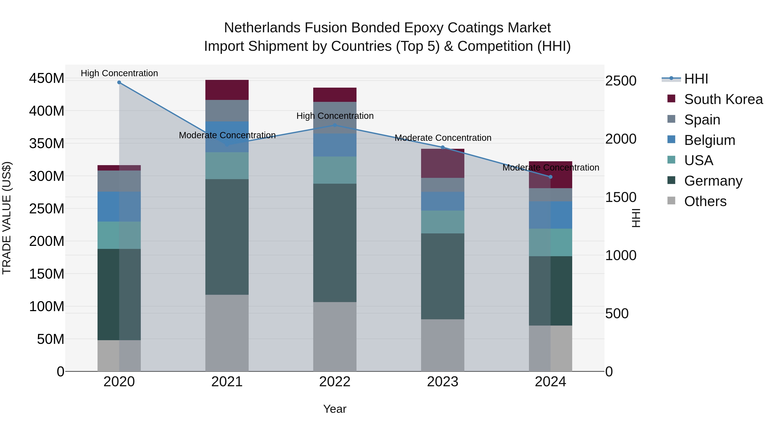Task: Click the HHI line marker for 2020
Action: click(x=119, y=82)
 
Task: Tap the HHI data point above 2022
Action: click(x=335, y=125)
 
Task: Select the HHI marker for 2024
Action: click(x=550, y=177)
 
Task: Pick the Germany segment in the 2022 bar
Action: click(x=335, y=242)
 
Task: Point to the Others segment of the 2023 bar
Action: click(x=443, y=345)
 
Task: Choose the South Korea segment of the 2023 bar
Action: click(x=443, y=163)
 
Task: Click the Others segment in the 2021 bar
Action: click(x=227, y=333)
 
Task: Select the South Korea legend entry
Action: click(x=723, y=99)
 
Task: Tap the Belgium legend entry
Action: click(x=709, y=140)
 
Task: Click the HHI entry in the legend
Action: click(x=696, y=79)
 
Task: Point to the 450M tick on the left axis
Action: click(x=47, y=79)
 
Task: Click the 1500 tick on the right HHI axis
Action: click(x=620, y=197)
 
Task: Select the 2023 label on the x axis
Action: click(x=443, y=382)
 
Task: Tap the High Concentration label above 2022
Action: click(x=335, y=116)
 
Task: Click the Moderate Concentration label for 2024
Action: click(x=550, y=168)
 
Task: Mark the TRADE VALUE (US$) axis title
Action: click(x=7, y=218)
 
